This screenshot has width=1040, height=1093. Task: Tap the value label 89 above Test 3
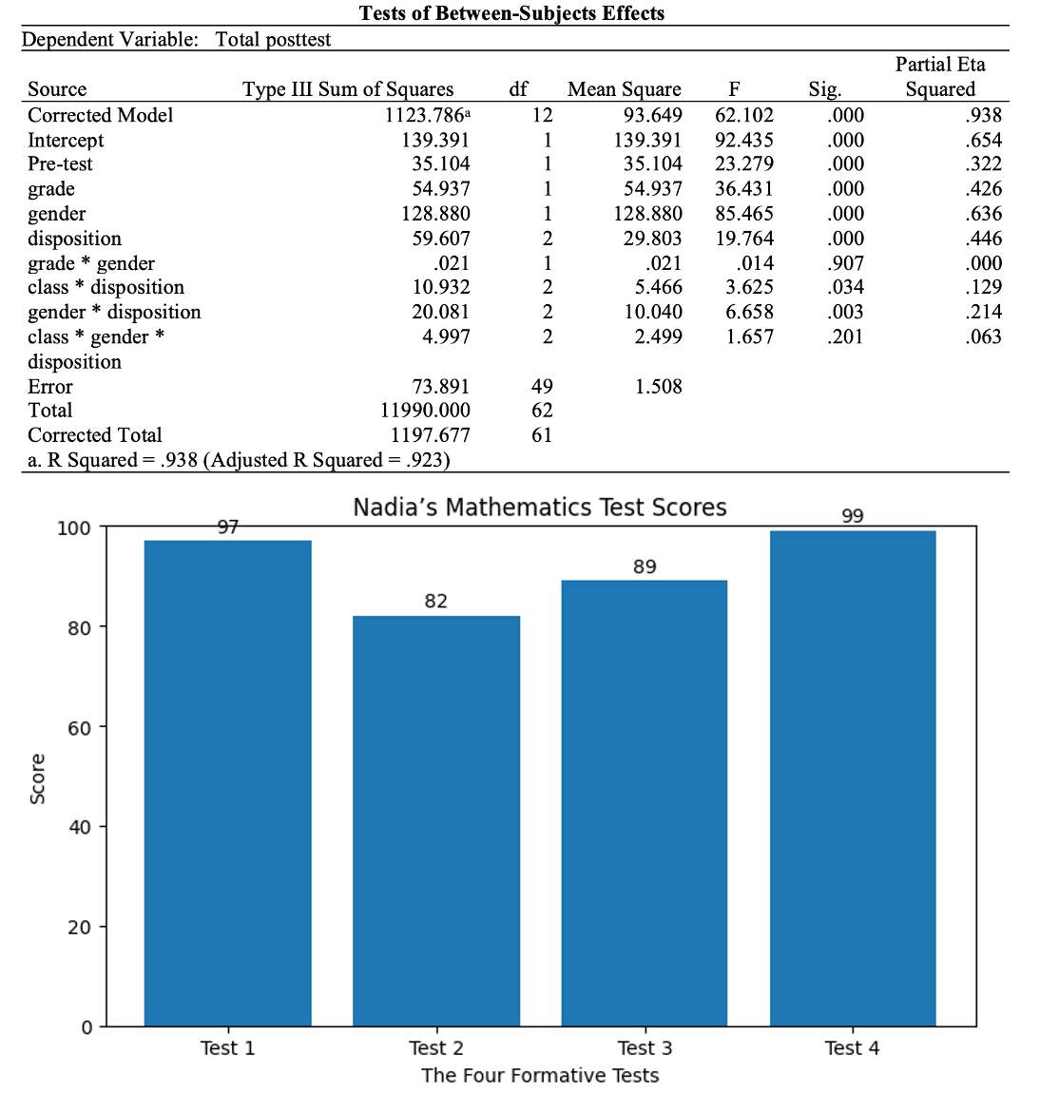[645, 566]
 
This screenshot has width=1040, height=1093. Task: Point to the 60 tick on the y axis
[79, 728]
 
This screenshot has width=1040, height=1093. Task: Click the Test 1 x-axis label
[227, 1047]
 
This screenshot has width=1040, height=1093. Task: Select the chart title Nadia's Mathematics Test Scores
[540, 508]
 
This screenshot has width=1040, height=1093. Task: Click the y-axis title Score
[38, 778]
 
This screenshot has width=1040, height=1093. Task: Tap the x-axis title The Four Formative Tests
[540, 1075]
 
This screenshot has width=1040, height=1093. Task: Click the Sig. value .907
[844, 263]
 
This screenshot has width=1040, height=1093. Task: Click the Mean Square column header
[624, 89]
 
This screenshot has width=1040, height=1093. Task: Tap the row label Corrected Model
[101, 115]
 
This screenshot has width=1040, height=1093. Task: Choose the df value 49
[542, 386]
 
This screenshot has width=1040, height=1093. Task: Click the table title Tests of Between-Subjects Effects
[511, 13]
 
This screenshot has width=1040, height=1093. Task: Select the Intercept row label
[66, 140]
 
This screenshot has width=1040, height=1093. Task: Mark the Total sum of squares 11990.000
[425, 411]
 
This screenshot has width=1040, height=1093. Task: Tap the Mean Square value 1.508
[658, 386]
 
